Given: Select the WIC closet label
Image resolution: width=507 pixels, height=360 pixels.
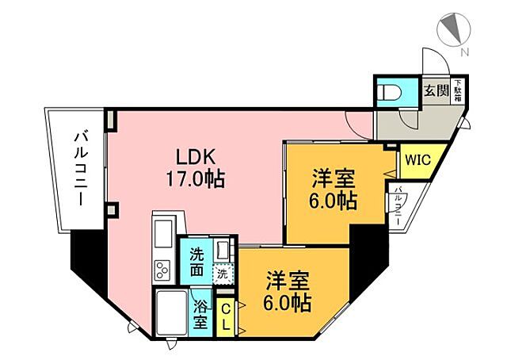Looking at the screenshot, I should pos(417,159).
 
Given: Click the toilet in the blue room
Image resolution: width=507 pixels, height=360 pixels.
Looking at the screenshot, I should pos(391,94).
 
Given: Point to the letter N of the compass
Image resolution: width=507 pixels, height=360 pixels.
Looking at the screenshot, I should pos(465,52).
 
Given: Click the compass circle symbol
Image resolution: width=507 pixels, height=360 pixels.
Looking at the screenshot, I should pos(452,29).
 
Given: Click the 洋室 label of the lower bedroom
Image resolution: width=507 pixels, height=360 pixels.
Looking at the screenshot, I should pos(287,280).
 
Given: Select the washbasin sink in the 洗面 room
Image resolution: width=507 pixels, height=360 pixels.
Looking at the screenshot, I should pos(223,252).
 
